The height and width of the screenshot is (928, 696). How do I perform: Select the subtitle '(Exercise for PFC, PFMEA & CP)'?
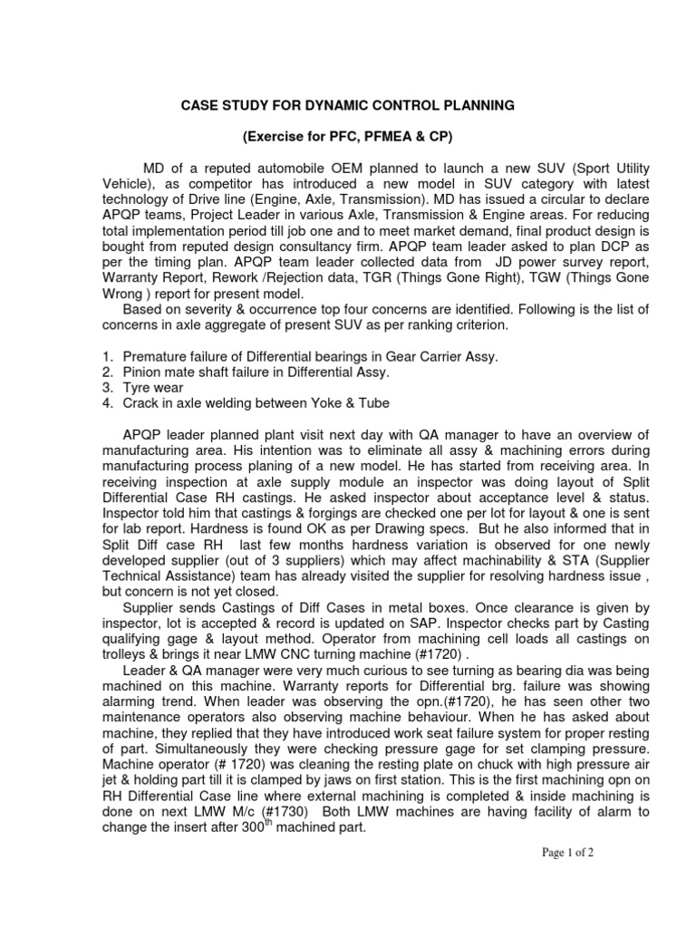click(x=345, y=136)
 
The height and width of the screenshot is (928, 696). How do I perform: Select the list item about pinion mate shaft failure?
click(x=256, y=372)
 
